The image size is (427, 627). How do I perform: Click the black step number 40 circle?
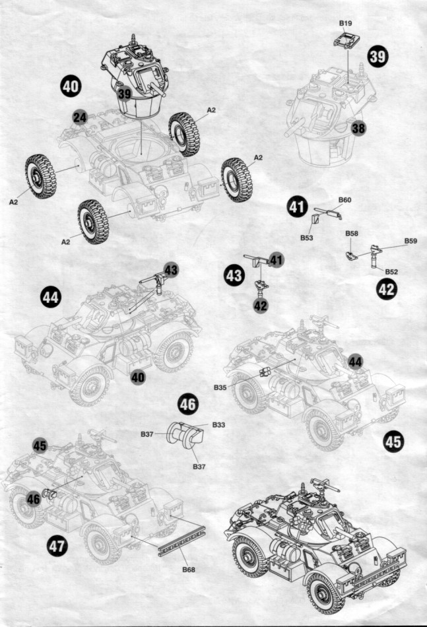71,85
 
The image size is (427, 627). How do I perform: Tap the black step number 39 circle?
378,56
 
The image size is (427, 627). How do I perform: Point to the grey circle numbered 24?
80,117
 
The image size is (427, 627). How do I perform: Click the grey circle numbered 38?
358,129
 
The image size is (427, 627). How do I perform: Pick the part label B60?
345,200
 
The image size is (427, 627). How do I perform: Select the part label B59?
411,241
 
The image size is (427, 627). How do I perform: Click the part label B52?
391,271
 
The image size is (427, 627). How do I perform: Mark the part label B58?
351,234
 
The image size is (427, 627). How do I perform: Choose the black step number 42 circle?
387,289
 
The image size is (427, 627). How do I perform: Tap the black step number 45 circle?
393,442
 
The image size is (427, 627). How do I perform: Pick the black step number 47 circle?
57,544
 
